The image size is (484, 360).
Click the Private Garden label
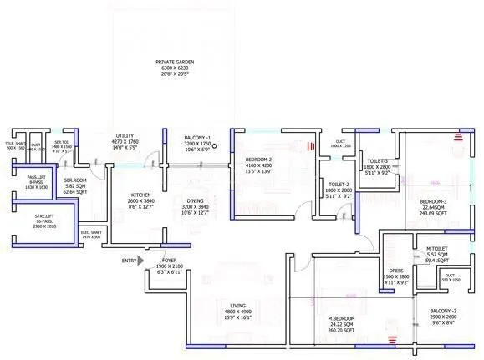pyautogui.click(x=175, y=62)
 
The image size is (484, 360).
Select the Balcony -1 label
pyautogui.click(x=197, y=137)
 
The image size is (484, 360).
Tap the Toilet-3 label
pyautogui.click(x=377, y=160)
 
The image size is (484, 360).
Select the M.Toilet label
pyautogui.click(x=433, y=248)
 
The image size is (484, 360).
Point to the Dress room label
pyautogui.click(x=396, y=271)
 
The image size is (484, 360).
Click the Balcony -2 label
pyautogui.click(x=431, y=310)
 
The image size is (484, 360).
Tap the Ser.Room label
pyautogui.click(x=77, y=179)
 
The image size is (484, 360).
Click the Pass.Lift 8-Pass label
pyautogui.click(x=36, y=177)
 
